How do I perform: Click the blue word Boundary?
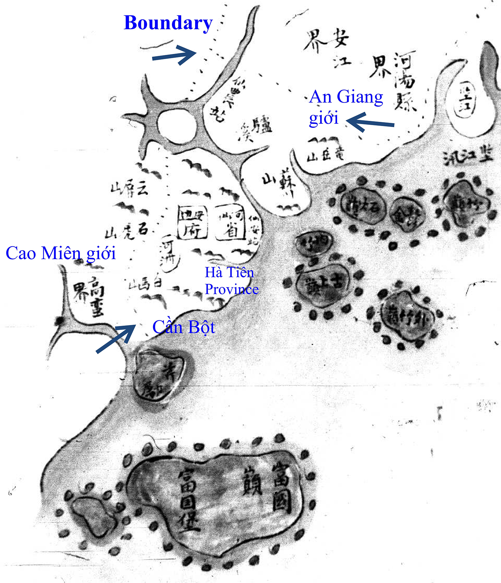168,23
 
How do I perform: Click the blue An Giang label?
346,97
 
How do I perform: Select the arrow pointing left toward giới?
370,122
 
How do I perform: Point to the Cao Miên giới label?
61,253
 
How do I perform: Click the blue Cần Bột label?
184,327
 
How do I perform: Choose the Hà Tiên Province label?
231,281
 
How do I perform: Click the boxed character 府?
192,230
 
